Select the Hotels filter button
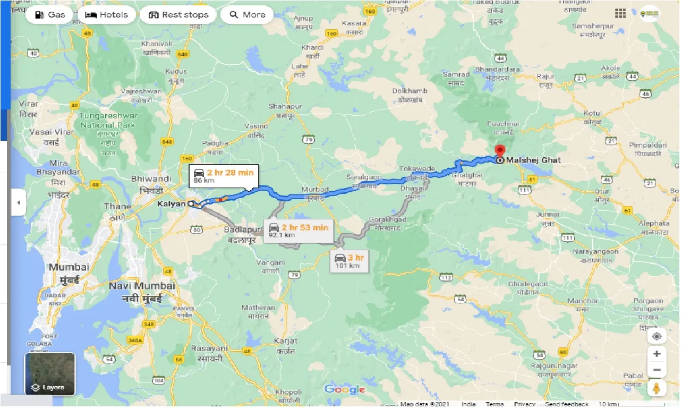click(107, 15)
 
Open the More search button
click(247, 15)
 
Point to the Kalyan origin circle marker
click(191, 203)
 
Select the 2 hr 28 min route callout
click(224, 176)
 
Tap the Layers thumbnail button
click(50, 374)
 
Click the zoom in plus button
click(657, 354)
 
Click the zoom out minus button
click(657, 370)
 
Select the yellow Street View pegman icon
click(657, 388)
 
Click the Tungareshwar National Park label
click(108, 121)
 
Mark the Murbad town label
click(315, 190)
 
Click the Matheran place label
click(258, 308)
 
